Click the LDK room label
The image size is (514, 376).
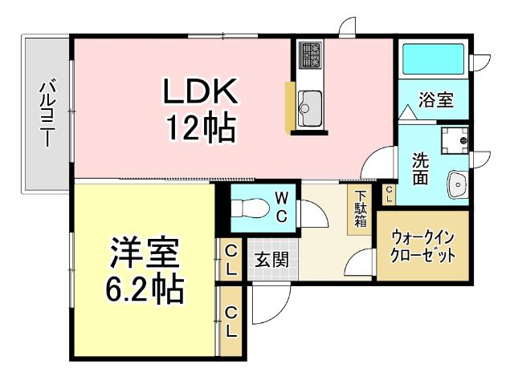tap(201, 93)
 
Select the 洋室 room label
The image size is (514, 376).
tap(145, 252)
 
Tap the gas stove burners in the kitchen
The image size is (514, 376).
tap(310, 55)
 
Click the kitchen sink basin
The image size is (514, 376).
tap(310, 103)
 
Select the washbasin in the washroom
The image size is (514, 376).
tap(457, 184)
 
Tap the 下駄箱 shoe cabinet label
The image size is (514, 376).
tap(360, 209)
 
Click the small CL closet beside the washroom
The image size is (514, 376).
tap(389, 193)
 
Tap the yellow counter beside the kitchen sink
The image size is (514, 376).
tap(289, 104)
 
